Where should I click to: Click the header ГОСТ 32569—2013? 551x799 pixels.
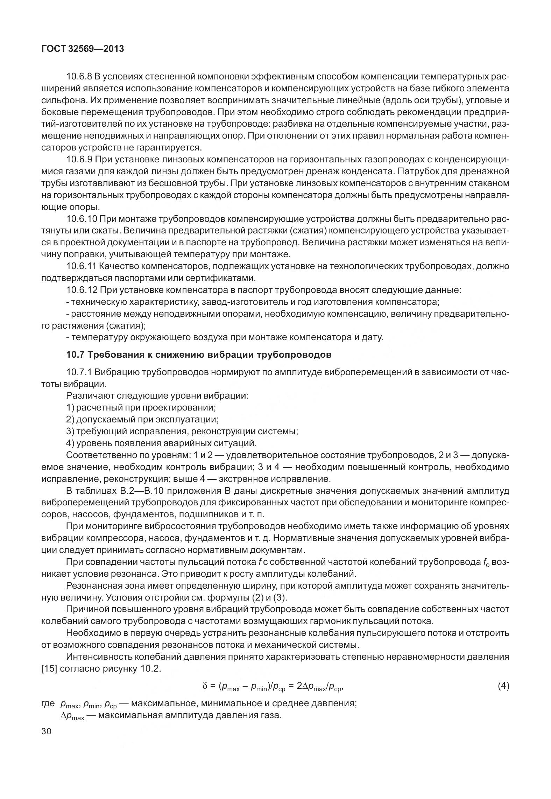click(83, 49)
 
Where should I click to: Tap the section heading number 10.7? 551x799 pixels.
click(75, 355)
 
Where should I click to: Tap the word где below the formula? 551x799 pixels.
click(48, 703)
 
